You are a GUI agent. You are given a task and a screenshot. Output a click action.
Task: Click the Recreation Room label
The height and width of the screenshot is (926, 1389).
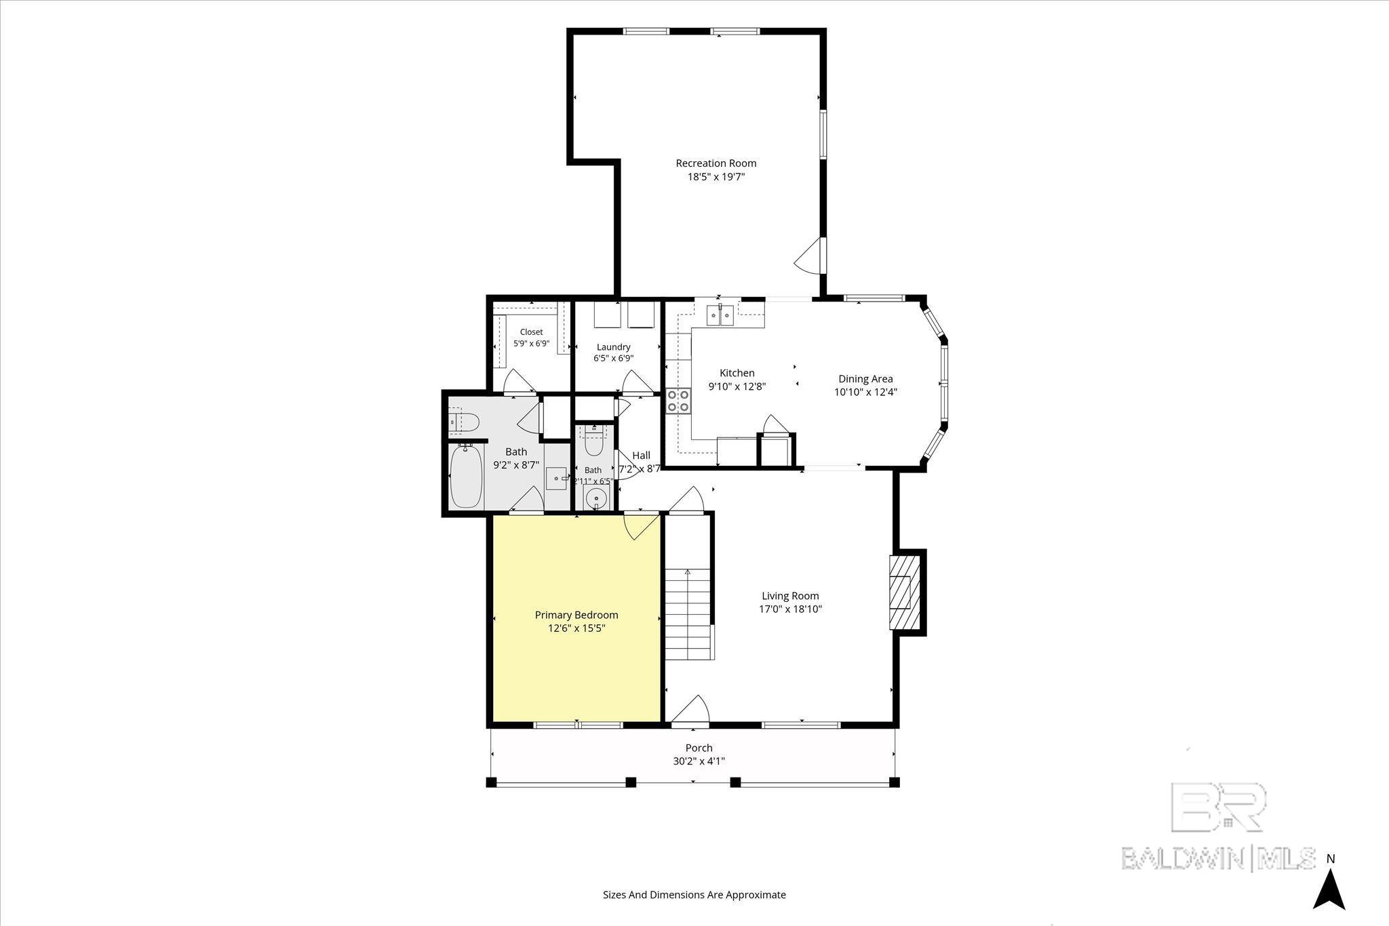[x=716, y=163]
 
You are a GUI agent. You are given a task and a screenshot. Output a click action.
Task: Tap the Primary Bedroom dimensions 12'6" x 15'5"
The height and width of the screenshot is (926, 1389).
[x=576, y=628]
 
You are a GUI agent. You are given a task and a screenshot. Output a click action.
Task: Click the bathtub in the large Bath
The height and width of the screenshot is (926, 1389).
[x=466, y=475]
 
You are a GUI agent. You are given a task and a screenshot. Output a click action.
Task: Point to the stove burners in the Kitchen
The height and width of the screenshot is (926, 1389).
[x=678, y=401]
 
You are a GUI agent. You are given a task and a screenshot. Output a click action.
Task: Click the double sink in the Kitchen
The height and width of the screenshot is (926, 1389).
[x=720, y=315]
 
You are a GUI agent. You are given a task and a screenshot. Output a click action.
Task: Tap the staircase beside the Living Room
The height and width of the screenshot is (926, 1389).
[x=688, y=613]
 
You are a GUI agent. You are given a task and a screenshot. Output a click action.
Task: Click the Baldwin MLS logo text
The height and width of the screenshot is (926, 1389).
[x=1218, y=858]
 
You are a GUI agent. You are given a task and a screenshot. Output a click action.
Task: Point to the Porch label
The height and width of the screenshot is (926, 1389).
[x=699, y=748]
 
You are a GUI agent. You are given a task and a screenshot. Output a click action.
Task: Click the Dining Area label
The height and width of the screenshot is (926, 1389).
[x=865, y=379]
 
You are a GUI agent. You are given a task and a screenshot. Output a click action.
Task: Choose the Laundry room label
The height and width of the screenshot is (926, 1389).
[x=613, y=347]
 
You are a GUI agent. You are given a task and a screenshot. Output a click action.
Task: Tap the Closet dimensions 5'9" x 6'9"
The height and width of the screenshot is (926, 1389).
[x=531, y=343]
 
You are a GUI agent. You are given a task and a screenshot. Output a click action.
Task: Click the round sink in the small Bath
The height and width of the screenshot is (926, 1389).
[x=597, y=498]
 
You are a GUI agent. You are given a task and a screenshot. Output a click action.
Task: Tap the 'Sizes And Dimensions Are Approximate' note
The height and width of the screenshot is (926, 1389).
[x=694, y=894]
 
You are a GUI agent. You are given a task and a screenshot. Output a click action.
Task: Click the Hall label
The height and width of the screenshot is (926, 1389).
[x=641, y=456]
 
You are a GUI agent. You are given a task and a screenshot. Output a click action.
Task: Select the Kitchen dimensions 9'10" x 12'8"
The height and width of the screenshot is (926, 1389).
[x=737, y=386]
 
